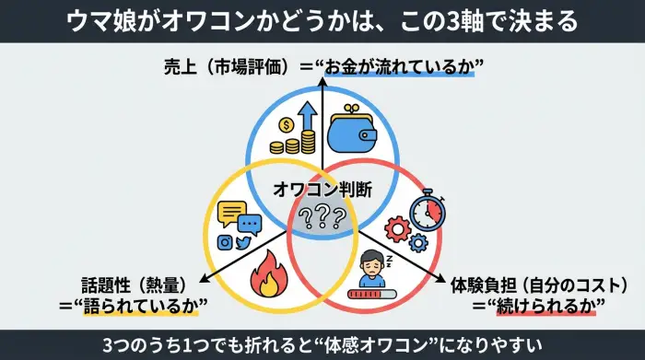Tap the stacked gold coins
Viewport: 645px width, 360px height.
(x=297, y=143)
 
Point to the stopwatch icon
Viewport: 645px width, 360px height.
(x=427, y=209)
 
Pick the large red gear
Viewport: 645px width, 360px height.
(x=398, y=228)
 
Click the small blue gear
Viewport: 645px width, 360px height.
(x=418, y=243)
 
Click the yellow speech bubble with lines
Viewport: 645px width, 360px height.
(x=230, y=214)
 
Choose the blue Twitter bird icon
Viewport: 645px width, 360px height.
(x=243, y=243)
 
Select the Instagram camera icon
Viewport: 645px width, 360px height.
(x=224, y=242)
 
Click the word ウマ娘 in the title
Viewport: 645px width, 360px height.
(x=100, y=20)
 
